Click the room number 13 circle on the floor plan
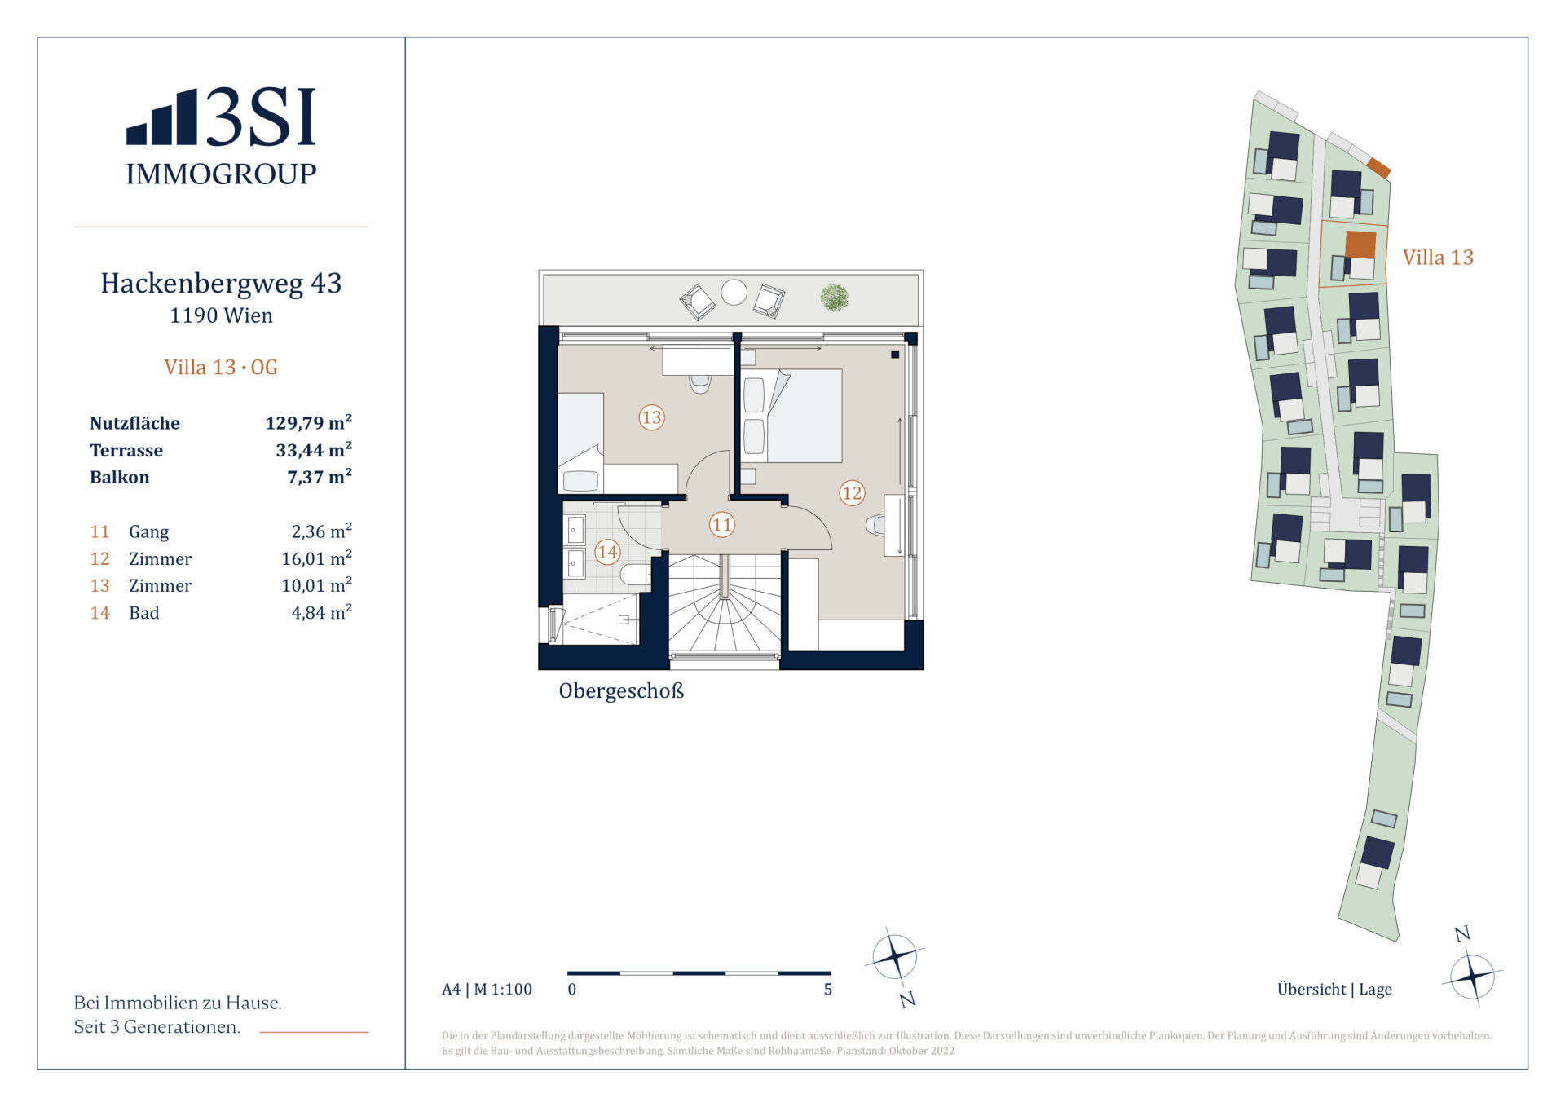coord(651,417)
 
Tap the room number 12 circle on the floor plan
coord(852,492)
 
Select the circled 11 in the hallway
coord(722,524)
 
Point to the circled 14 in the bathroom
coord(607,552)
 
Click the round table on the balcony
coord(734,292)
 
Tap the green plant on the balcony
coord(834,298)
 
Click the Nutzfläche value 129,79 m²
coord(309,422)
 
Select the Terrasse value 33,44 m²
coord(314,449)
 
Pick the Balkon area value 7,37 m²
coord(320,476)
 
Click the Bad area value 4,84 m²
coord(322,612)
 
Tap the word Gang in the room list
coord(148,532)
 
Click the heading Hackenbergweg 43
coord(221,283)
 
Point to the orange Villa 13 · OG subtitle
coord(221,367)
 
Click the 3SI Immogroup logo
coord(221,136)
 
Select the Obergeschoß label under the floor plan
coord(621,691)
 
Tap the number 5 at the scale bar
coord(828,990)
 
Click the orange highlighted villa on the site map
coord(1360,245)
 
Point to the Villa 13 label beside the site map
coord(1438,258)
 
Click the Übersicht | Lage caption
coord(1334,989)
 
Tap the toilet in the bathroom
coord(634,576)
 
